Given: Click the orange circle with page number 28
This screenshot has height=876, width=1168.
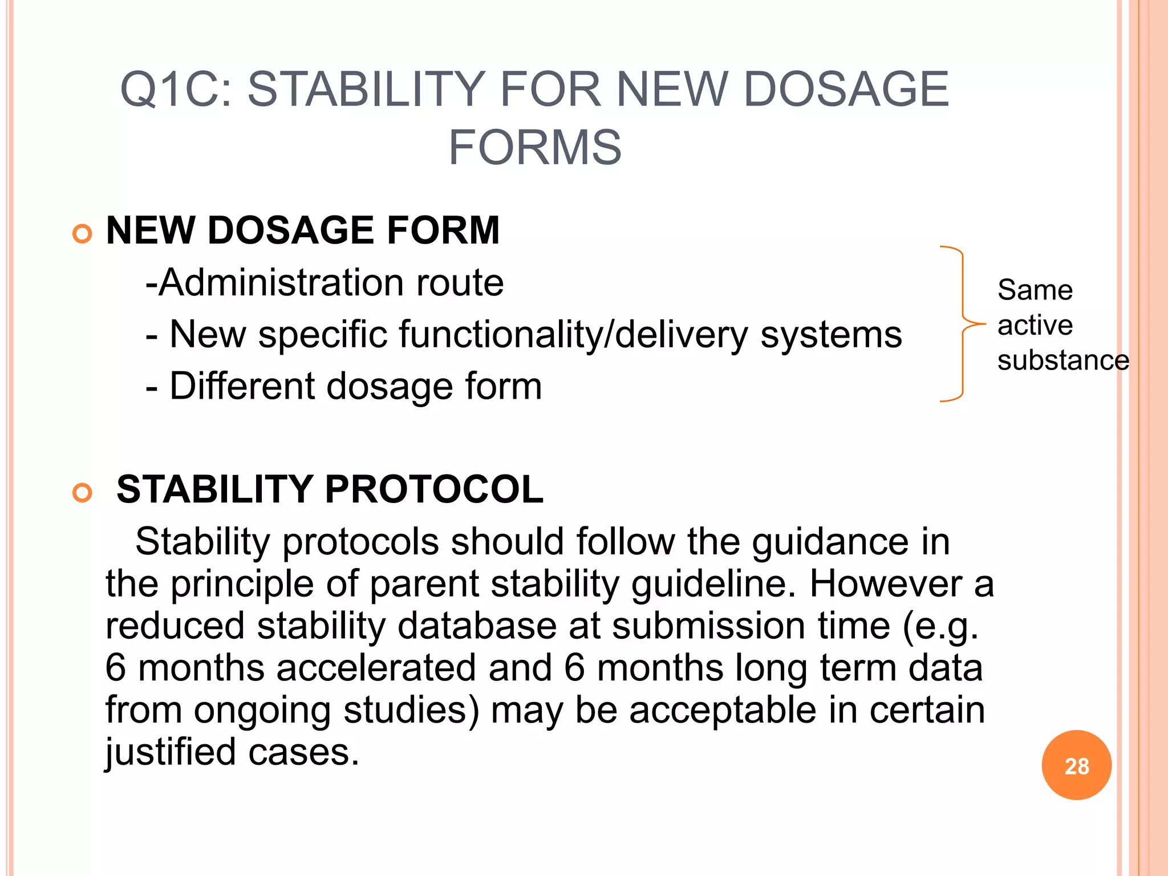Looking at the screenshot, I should coord(1076,765).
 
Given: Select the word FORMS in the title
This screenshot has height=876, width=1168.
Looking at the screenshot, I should coord(534,148).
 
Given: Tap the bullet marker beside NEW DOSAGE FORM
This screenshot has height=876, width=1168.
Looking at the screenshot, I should coord(83,234).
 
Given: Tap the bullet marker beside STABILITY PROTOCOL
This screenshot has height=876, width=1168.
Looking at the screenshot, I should coord(83,493).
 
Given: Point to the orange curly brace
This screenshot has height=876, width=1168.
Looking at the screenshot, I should coord(962,324).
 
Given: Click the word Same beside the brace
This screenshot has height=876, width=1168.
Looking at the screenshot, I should coord(1035,290).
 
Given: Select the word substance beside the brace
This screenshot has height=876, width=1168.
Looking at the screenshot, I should coord(1063,360).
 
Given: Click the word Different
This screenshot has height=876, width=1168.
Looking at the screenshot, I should coord(242,386).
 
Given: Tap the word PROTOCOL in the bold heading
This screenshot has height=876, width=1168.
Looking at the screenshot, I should coord(434,489).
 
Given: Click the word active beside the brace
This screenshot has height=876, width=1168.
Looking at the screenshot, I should coord(1035,325).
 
